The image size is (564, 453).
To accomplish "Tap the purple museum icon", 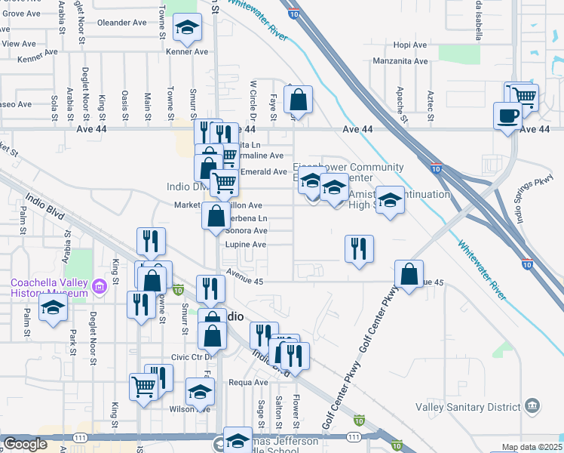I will point(100,287).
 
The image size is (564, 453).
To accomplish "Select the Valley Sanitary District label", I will point(468,407).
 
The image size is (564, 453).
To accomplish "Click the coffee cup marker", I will point(507,116).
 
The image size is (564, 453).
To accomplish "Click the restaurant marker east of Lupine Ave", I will point(360,248).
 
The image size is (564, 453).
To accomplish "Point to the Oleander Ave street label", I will point(121,23).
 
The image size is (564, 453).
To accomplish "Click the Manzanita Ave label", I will point(400,61).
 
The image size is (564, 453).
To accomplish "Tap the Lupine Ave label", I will point(246,245).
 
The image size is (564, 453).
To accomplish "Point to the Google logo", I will point(25,444).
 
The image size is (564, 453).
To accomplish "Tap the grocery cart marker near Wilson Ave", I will point(143,387).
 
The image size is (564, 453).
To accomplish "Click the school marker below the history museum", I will point(53,307).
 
